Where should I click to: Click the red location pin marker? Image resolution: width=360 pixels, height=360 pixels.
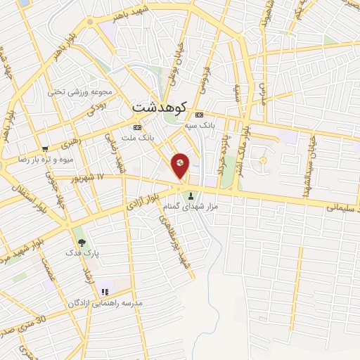tap(181, 166)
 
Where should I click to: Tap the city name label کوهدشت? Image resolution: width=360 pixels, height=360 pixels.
tap(159, 108)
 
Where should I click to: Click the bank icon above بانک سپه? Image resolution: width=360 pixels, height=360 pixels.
tap(200, 115)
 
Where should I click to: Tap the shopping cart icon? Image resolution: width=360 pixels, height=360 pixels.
tap(45, 149)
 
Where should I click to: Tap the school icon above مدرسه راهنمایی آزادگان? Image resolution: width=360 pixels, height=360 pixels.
tap(105, 292)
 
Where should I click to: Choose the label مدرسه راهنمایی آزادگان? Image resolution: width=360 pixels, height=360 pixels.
tap(105, 302)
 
